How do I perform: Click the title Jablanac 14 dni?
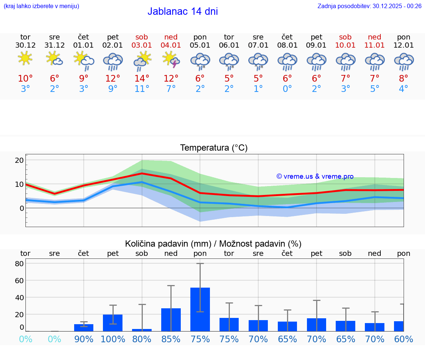click(x=183, y=11)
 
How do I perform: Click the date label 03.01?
click(x=142, y=45)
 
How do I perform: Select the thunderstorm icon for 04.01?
click(x=171, y=59)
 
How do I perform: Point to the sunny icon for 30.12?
click(x=25, y=59)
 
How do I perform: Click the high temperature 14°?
click(x=142, y=79)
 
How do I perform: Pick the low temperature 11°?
click(x=142, y=89)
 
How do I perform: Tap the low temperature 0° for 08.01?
click(x=287, y=89)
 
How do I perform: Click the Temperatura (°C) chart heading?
click(x=214, y=148)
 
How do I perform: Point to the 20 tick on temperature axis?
click(x=19, y=160)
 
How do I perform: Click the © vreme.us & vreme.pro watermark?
click(x=315, y=176)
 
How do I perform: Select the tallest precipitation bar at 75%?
click(x=200, y=309)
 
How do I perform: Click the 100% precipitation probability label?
click(x=113, y=339)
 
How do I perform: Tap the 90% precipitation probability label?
click(x=84, y=339)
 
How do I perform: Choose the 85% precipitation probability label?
click(x=171, y=339)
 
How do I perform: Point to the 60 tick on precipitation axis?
click(x=19, y=280)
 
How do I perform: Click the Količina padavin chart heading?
click(x=213, y=244)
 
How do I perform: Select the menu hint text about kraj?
click(x=41, y=6)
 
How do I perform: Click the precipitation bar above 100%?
click(x=113, y=323)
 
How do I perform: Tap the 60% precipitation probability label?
click(x=404, y=339)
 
